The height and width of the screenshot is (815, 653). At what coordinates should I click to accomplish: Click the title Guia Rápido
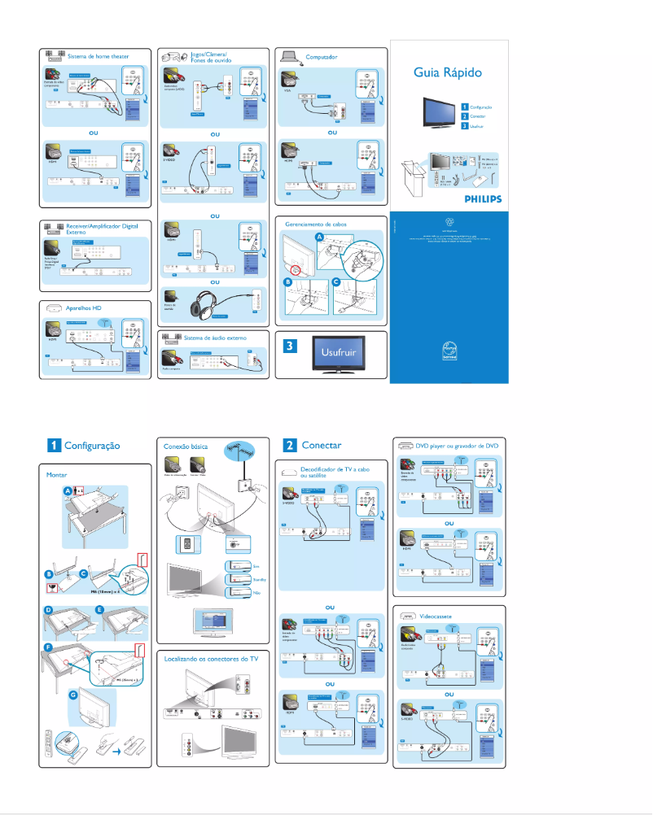(x=447, y=72)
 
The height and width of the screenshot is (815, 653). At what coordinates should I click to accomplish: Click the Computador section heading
(x=322, y=57)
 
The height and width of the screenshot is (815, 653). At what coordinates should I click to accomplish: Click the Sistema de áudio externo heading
(x=214, y=336)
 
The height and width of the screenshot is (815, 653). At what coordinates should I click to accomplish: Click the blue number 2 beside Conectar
(x=289, y=445)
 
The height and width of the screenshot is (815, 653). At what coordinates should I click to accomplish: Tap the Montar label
(x=57, y=473)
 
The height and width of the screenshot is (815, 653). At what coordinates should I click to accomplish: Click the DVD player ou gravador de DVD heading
(x=457, y=446)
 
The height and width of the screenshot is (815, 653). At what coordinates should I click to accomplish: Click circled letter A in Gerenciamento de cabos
(x=319, y=236)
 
